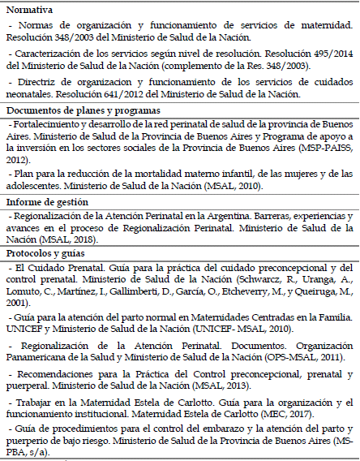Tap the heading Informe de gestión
pos(48,201)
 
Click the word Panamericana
pos(41,355)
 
